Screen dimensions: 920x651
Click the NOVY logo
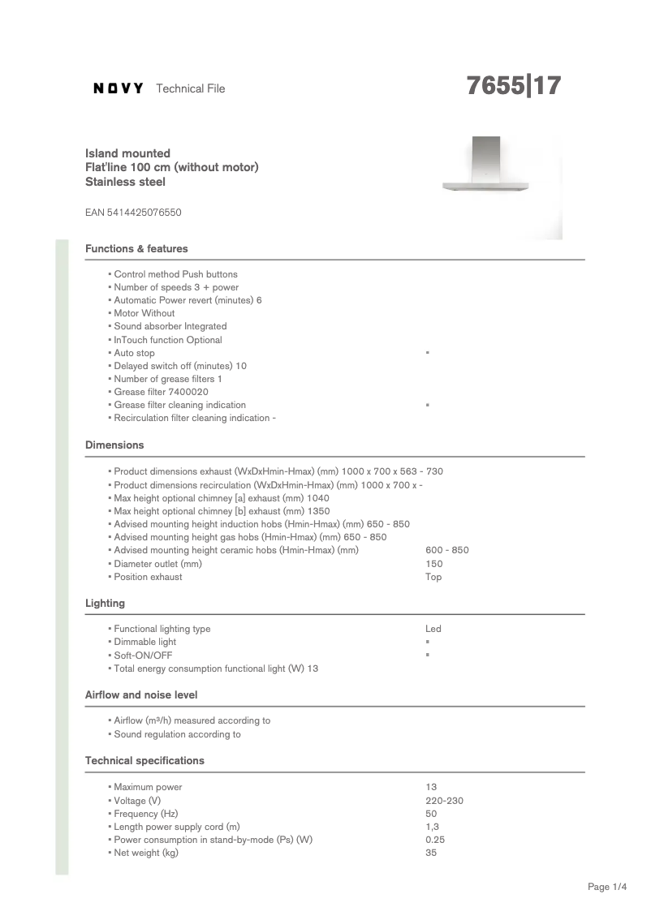click(119, 88)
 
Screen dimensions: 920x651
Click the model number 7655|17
click(513, 86)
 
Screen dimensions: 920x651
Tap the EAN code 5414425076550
click(133, 213)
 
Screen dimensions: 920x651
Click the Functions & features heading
click(136, 249)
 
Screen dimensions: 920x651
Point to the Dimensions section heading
click(114, 445)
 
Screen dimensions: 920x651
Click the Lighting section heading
click(105, 604)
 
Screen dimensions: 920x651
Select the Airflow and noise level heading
click(141, 695)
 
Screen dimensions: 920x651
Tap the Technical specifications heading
click(144, 761)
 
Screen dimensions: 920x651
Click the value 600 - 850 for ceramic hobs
click(446, 550)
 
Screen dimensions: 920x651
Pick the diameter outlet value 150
click(433, 564)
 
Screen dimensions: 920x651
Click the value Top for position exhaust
click(433, 577)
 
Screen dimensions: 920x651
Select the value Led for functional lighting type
click(433, 629)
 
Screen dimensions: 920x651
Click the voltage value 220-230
click(444, 801)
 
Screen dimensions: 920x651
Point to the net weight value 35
click(431, 853)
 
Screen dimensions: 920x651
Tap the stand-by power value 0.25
click(435, 840)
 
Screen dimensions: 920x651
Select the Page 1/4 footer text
click(607, 888)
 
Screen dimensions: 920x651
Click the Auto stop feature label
click(134, 353)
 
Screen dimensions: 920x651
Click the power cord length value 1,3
click(432, 827)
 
